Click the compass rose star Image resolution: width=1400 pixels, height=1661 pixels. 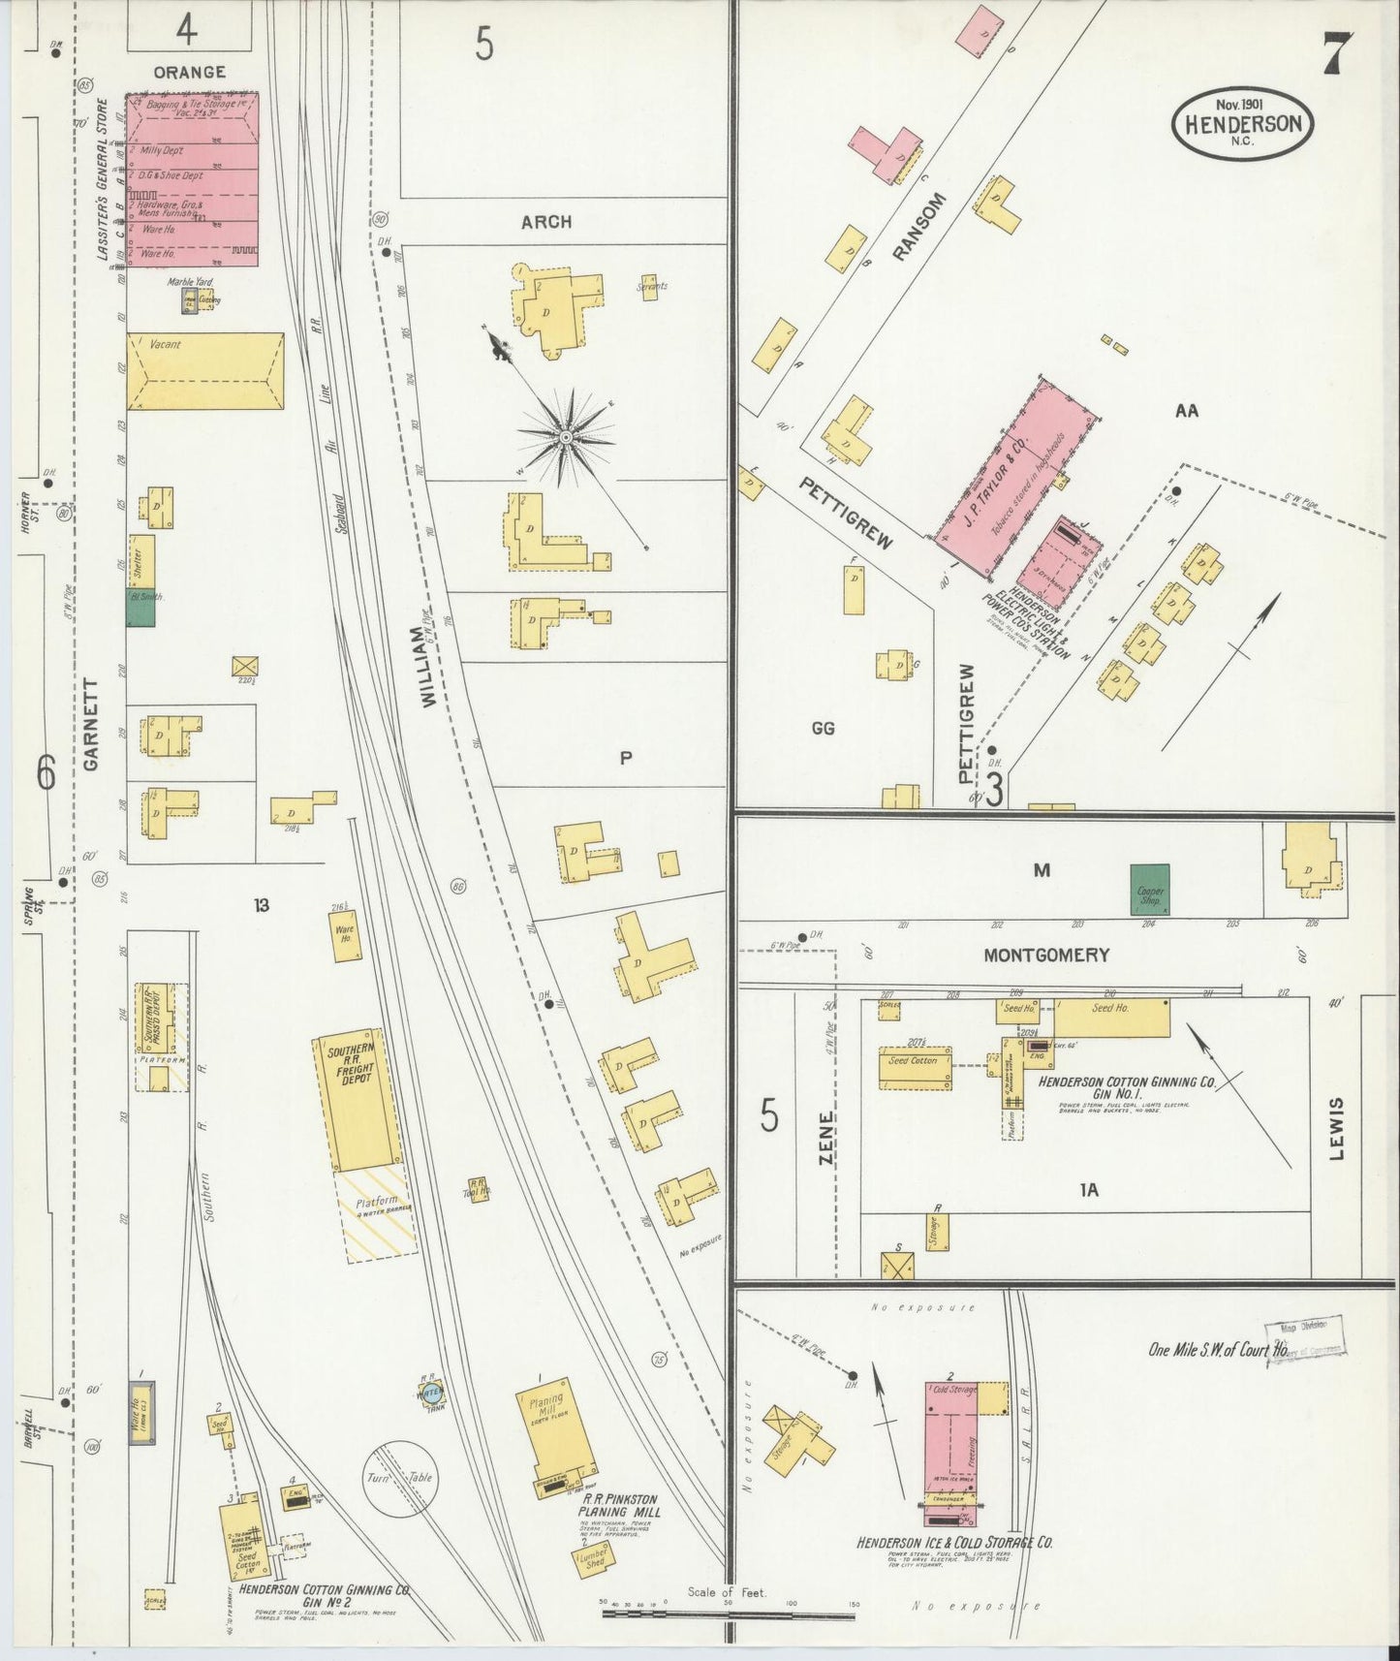[566, 439]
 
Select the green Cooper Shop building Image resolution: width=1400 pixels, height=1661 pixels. [1150, 889]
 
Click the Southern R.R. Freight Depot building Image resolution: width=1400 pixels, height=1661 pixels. [357, 1099]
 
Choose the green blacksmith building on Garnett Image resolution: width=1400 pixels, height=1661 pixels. [140, 608]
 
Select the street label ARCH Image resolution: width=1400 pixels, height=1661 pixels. [546, 222]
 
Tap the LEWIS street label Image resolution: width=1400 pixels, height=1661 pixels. [1336, 1129]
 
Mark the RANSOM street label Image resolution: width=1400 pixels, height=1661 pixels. [917, 227]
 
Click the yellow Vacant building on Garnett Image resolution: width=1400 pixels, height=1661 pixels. [205, 372]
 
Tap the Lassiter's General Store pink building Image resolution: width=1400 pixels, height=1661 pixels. [192, 179]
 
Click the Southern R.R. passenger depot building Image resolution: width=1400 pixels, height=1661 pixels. [160, 1026]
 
